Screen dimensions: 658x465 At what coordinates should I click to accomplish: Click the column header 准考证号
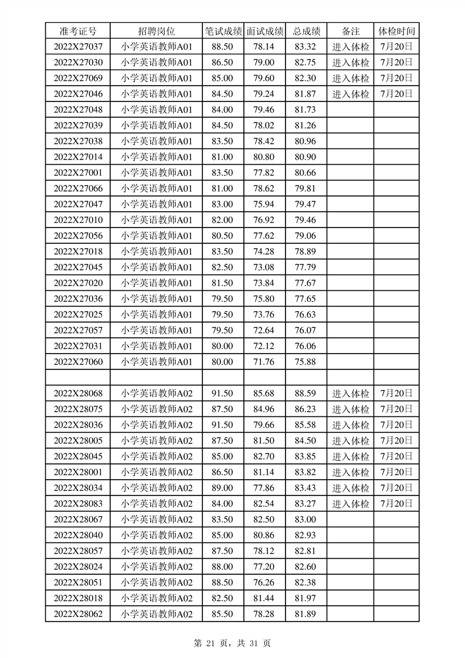pos(77,31)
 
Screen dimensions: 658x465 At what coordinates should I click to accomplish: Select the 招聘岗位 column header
pos(157,31)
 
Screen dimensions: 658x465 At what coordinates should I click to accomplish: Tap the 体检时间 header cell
pos(396,31)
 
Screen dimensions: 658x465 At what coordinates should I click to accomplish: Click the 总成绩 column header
pos(306,31)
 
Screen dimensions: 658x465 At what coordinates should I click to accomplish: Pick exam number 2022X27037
pos(77,47)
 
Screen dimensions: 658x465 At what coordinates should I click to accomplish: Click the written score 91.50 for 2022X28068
pos(222,393)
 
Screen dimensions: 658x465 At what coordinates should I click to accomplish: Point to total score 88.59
pos(306,393)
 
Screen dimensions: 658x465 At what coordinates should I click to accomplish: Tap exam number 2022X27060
pos(77,362)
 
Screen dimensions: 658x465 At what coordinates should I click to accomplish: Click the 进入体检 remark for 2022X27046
pos(351,94)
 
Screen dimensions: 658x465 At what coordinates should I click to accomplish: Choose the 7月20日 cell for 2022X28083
pos(396,503)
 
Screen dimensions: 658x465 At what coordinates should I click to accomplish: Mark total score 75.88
pos(306,362)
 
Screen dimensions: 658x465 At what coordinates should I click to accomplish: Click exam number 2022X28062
pos(77,613)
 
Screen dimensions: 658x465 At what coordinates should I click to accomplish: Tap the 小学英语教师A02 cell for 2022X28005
pos(157,440)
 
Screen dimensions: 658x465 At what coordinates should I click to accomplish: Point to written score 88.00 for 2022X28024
pos(222,567)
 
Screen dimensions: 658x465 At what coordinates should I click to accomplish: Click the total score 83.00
pos(306,519)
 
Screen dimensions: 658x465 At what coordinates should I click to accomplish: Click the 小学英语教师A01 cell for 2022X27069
pos(157,78)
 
